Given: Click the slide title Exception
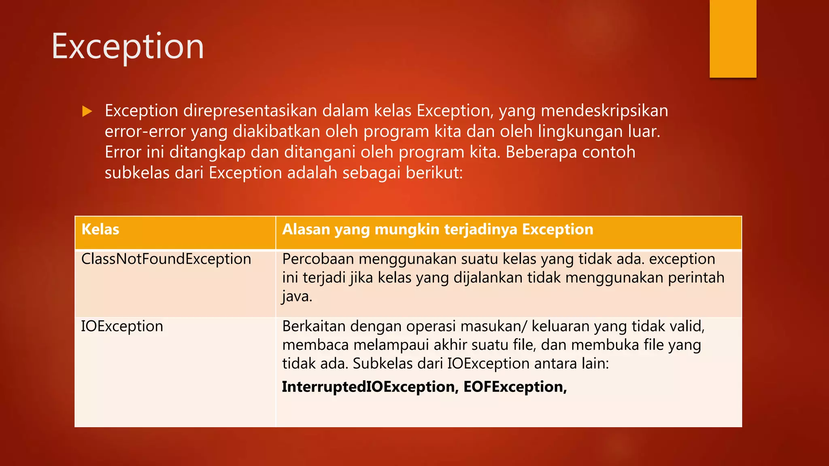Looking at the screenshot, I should point(128,47).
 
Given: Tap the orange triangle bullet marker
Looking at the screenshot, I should point(87,111).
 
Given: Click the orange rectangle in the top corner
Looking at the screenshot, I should point(733,38).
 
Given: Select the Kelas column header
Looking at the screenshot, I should point(100,229).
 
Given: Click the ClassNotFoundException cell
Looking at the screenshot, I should point(166,259).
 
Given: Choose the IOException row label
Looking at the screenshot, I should point(122,326).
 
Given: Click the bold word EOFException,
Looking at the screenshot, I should point(515,387).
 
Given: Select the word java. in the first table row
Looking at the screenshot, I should point(297,297).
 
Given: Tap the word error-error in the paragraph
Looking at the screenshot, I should point(145,131).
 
